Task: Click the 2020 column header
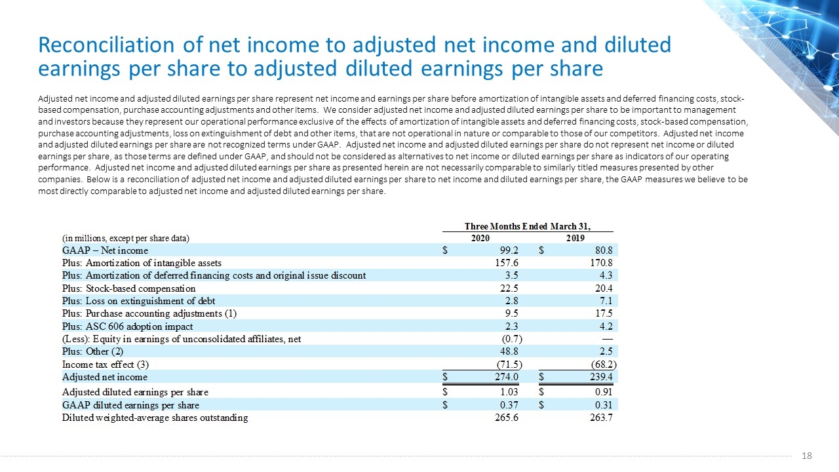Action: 480,238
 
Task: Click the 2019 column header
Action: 576,238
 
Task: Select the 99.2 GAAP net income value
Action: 509,250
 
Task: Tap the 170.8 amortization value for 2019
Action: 601,263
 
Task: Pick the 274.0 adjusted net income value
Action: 507,377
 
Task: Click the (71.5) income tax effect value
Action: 509,364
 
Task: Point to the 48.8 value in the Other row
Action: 509,351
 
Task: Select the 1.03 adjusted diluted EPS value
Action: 509,392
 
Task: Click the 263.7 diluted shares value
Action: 601,418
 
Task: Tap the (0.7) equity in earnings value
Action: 512,339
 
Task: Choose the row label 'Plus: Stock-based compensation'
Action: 129,288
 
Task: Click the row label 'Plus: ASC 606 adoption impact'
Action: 127,326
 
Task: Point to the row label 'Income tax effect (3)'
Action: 106,364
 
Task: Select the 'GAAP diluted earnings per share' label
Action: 130,405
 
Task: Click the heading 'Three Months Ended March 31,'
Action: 528,226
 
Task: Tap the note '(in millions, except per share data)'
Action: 126,238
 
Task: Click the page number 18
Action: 807,456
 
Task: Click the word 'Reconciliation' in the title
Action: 106,45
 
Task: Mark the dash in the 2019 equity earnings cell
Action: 608,339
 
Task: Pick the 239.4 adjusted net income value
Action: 601,377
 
